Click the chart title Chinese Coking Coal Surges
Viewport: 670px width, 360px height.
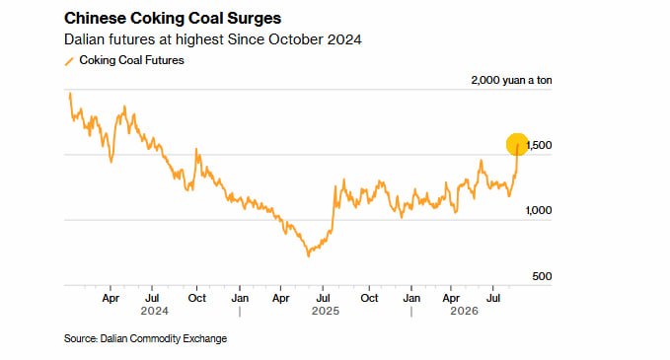173,19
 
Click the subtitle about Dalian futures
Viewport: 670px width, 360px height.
213,39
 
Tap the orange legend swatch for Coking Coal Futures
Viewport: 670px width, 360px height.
69,61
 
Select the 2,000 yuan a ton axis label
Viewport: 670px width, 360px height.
511,80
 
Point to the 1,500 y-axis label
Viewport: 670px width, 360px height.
539,145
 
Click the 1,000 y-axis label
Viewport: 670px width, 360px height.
539,210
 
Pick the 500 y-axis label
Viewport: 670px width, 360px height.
542,276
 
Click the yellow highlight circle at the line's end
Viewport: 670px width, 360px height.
517,144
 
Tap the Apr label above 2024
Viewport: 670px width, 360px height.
111,298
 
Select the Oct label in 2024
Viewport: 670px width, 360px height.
197,298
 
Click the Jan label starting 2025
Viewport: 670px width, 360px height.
240,298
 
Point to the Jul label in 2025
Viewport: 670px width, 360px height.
323,298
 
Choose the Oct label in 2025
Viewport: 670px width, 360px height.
369,298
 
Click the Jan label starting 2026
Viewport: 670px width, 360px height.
411,298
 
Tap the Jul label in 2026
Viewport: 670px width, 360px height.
493,298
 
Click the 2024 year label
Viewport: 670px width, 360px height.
154,311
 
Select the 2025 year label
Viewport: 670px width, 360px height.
326,311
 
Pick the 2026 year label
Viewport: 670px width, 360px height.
464,311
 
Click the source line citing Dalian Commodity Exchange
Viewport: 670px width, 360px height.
145,338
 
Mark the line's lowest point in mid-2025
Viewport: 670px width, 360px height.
309,255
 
